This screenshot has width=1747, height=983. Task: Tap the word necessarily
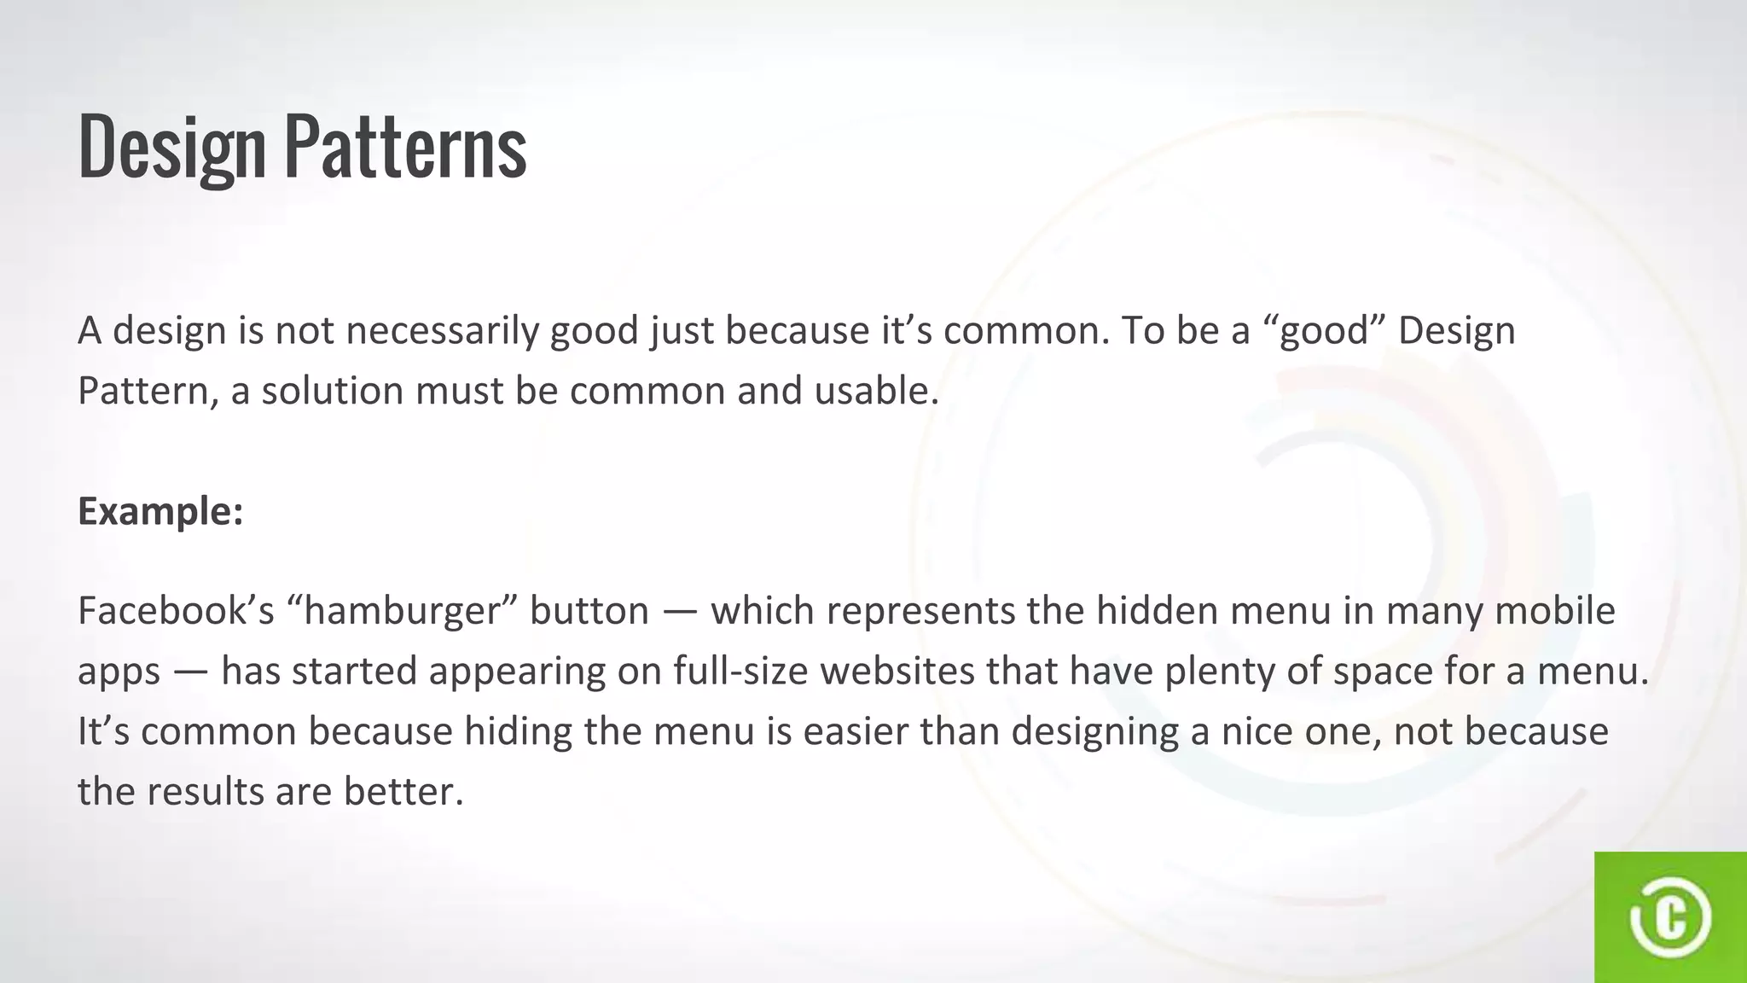pyautogui.click(x=442, y=330)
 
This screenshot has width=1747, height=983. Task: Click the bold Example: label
pyautogui.click(x=160, y=511)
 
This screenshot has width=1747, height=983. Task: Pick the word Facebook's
pyautogui.click(x=176, y=611)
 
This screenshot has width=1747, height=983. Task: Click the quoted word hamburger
pyautogui.click(x=400, y=611)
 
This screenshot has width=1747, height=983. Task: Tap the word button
pyautogui.click(x=589, y=611)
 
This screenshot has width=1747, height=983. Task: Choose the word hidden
pyautogui.click(x=1152, y=611)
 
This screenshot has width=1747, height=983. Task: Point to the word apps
pyautogui.click(x=119, y=672)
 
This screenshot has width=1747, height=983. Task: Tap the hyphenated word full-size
pyautogui.click(x=740, y=672)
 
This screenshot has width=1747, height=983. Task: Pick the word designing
pyautogui.click(x=1095, y=732)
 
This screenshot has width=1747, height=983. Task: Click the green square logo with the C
pyautogui.click(x=1670, y=917)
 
